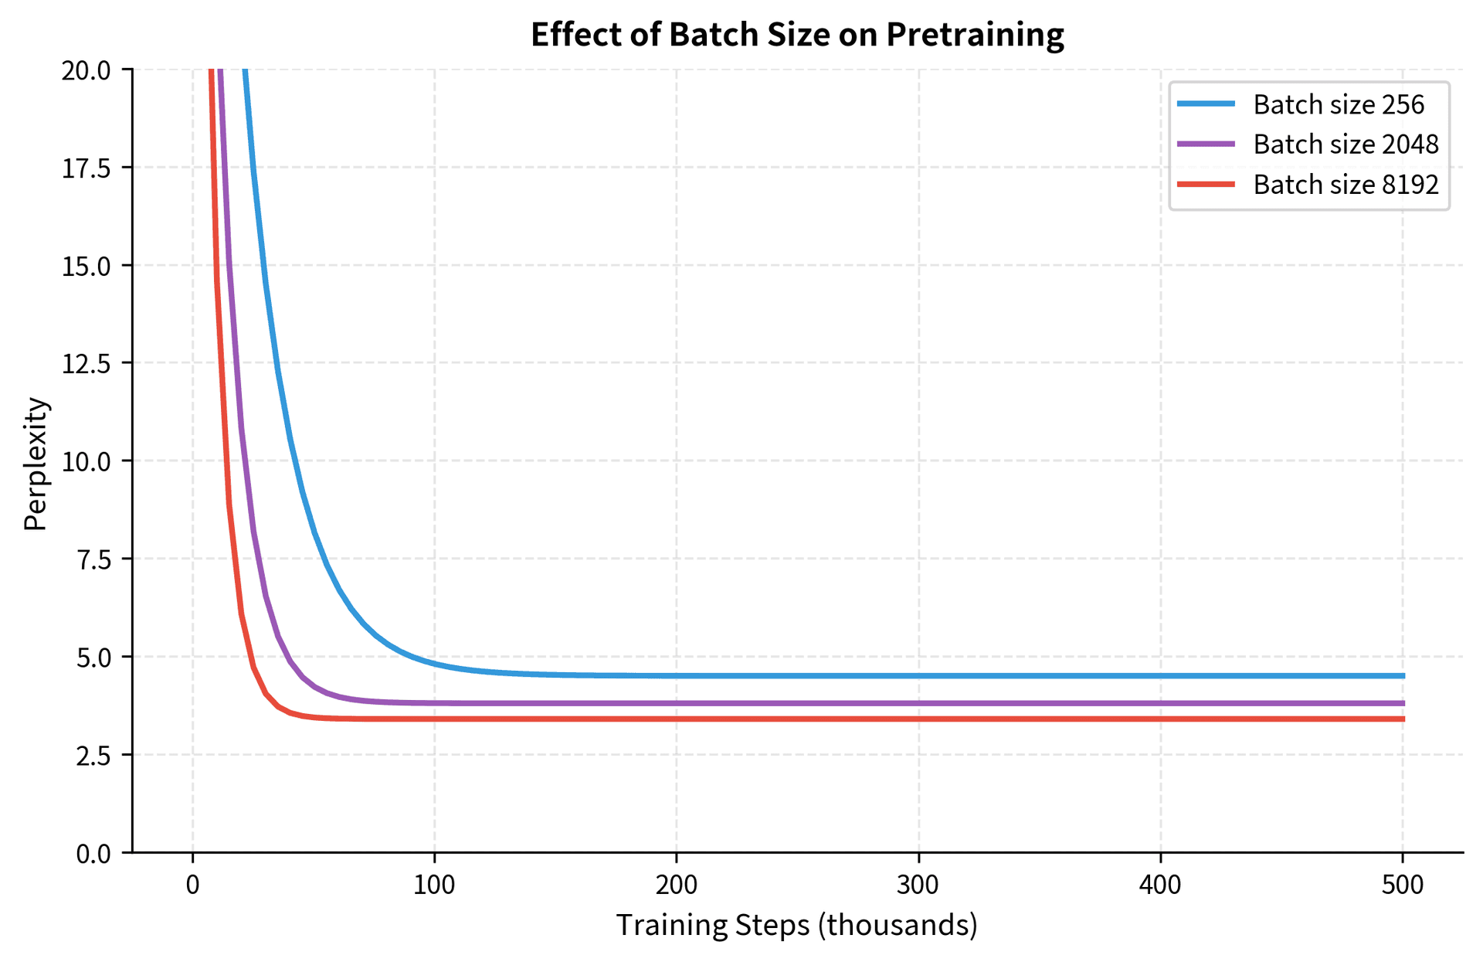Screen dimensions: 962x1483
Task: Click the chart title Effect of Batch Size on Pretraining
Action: point(797,35)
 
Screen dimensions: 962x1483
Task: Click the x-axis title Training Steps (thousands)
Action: point(797,925)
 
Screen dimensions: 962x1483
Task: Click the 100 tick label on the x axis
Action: point(434,885)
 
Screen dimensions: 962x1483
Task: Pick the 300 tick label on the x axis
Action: point(918,885)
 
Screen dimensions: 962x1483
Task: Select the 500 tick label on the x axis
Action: point(1403,885)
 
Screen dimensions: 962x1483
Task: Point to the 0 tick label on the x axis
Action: point(192,885)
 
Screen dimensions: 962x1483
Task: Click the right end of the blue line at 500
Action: point(1402,676)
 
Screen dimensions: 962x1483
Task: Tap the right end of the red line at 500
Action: point(1402,719)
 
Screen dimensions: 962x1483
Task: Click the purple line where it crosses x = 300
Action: point(918,703)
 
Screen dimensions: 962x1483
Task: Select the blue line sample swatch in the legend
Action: point(1206,104)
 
